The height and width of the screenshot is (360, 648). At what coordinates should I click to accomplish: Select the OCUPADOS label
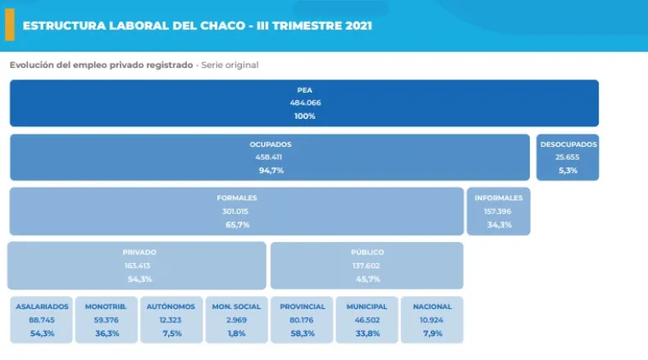point(270,144)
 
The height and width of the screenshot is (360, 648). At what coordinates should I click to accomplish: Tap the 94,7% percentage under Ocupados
point(270,171)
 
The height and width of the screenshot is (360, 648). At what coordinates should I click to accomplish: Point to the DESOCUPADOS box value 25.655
point(568,157)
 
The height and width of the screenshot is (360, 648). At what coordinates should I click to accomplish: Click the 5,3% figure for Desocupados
point(568,171)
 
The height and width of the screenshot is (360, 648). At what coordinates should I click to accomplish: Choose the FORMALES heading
point(236,198)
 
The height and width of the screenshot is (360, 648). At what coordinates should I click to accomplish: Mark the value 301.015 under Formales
point(236,211)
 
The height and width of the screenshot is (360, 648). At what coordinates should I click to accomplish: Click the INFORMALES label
point(499,198)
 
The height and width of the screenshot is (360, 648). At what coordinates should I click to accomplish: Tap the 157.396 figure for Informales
point(499,211)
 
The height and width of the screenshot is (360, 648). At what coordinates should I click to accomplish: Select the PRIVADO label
point(139,253)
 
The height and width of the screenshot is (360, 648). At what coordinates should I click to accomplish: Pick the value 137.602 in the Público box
point(367,266)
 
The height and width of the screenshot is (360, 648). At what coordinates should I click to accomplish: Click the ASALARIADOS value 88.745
point(41,320)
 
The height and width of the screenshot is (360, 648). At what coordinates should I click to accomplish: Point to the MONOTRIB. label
point(106,307)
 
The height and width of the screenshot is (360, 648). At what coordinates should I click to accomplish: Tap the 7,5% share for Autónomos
point(171,333)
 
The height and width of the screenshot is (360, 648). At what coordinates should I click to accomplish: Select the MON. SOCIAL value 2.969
point(236,320)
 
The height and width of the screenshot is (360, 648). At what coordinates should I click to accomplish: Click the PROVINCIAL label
point(302,307)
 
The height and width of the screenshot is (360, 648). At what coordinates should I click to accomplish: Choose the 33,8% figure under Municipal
point(367,333)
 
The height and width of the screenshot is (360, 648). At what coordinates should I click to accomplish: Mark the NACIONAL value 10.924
point(432,320)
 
